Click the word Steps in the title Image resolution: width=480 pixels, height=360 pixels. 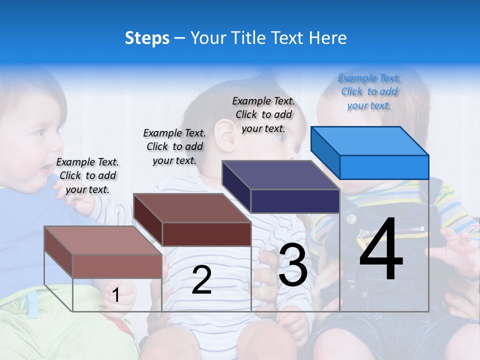(147, 38)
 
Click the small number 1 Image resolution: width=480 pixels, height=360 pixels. (116, 295)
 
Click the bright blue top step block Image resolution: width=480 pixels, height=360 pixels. (370, 152)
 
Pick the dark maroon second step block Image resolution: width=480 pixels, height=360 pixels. (192, 219)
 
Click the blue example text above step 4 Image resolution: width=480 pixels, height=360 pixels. (369, 91)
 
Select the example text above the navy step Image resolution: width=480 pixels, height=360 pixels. (263, 114)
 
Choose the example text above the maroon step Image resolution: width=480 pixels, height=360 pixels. (174, 146)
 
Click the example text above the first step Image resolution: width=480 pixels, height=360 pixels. (87, 175)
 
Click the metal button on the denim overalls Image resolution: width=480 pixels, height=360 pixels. (351, 218)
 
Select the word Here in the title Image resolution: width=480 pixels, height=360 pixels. (329, 38)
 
